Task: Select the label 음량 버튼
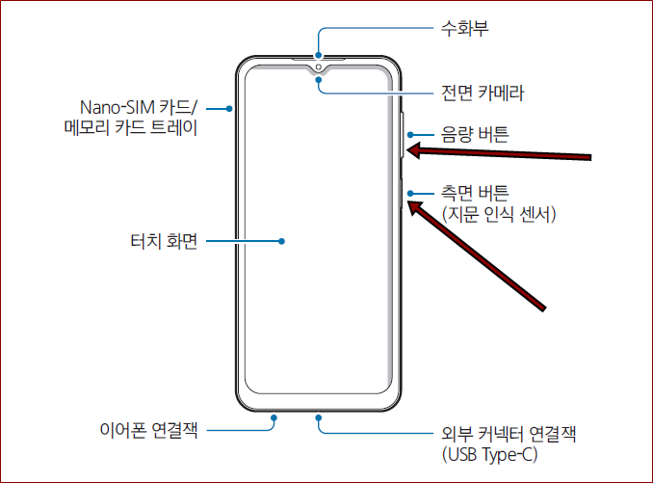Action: (x=475, y=135)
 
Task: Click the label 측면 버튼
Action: (x=475, y=192)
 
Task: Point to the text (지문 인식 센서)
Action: (x=499, y=213)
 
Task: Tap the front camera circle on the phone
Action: (x=317, y=69)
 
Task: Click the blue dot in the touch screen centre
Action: (x=281, y=241)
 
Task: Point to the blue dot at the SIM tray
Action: (x=229, y=109)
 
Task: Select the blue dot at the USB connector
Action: (x=318, y=417)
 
